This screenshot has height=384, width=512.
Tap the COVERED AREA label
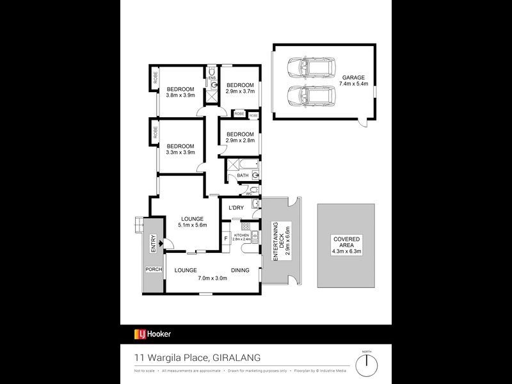point(346,239)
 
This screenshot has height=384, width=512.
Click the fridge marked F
point(225,240)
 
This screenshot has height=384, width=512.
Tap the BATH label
point(243,175)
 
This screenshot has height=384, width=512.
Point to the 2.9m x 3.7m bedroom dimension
point(240,92)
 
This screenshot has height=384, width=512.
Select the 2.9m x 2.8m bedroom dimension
point(240,141)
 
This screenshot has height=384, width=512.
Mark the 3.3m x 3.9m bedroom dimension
point(180,154)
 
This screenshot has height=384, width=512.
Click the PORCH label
point(154,269)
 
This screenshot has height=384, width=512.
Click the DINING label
point(240,270)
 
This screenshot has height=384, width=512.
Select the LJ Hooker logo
point(152,333)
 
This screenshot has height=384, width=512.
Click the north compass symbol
point(366,365)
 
